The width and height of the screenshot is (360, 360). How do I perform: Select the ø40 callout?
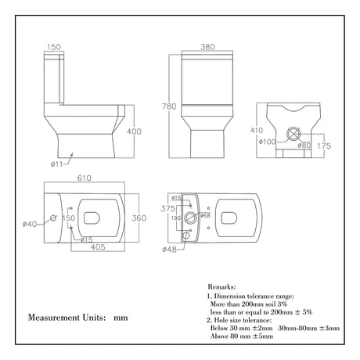[x=31, y=225]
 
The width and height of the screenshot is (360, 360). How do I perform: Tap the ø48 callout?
[x=168, y=250]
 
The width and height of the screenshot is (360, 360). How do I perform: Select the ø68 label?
[x=205, y=214]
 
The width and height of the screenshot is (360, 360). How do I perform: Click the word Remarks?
[x=227, y=287]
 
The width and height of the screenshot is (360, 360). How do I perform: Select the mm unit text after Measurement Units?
[x=121, y=319]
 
